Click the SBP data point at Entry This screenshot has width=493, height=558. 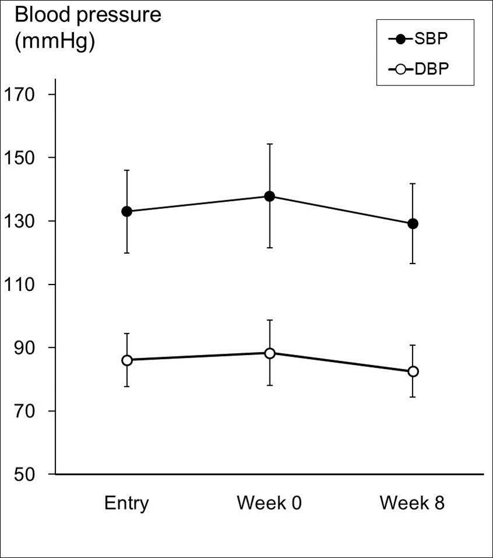pyautogui.click(x=126, y=211)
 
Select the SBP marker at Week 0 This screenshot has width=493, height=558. pyautogui.click(x=269, y=196)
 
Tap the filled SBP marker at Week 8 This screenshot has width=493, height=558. pyautogui.click(x=413, y=223)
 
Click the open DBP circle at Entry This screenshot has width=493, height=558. pyautogui.click(x=126, y=360)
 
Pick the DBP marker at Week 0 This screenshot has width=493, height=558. pyautogui.click(x=269, y=353)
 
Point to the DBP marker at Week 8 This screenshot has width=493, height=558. pyautogui.click(x=413, y=371)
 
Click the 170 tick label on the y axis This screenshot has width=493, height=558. pyautogui.click(x=21, y=94)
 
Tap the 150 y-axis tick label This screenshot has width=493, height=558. pyautogui.click(x=21, y=158)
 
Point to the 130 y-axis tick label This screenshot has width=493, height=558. pyautogui.click(x=21, y=221)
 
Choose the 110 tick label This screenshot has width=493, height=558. pyautogui.click(x=21, y=285)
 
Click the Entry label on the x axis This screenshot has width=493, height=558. pyautogui.click(x=126, y=503)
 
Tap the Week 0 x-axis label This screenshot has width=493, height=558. pyautogui.click(x=269, y=503)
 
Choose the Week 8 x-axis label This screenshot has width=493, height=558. pyautogui.click(x=412, y=503)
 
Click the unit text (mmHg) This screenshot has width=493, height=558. pyautogui.click(x=54, y=42)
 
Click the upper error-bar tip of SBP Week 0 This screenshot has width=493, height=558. pyautogui.click(x=269, y=144)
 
